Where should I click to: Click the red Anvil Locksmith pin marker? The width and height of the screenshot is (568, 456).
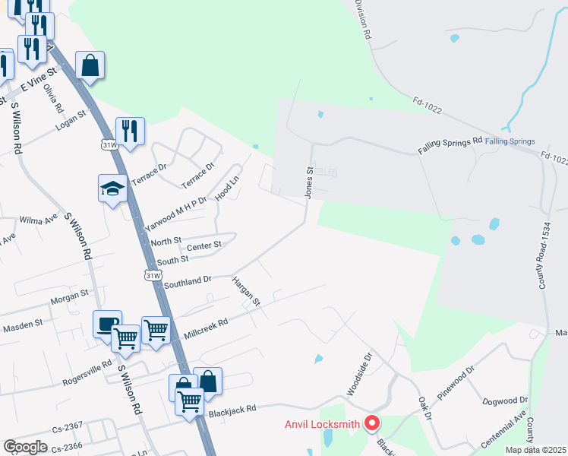(x=372, y=423)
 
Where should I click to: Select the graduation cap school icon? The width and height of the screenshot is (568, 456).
(x=112, y=189)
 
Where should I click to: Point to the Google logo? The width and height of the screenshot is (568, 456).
(x=25, y=447)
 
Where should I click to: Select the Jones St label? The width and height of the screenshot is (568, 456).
(x=309, y=183)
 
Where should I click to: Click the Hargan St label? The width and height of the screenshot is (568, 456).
(x=245, y=291)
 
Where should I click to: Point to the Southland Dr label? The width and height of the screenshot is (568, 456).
(x=188, y=282)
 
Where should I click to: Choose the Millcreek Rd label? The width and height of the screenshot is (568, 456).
(x=206, y=328)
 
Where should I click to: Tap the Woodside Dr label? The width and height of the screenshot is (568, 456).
(x=361, y=373)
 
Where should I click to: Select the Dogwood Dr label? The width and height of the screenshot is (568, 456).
(x=504, y=400)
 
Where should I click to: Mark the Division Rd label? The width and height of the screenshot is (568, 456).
(x=364, y=20)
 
